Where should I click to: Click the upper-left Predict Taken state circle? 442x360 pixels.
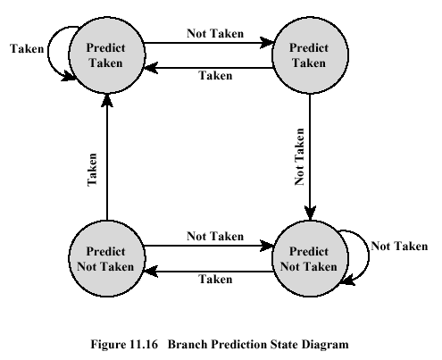[x=107, y=55]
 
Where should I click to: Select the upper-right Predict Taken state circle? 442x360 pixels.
[x=310, y=55]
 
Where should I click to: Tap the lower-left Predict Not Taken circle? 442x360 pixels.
[x=107, y=258]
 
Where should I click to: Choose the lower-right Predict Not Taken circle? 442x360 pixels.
[x=310, y=258]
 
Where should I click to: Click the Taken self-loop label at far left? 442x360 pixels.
[x=27, y=48]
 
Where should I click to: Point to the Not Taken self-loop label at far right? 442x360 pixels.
[x=399, y=246]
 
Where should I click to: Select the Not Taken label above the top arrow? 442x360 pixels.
[x=215, y=33]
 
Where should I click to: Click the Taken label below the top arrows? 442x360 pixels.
[x=215, y=75]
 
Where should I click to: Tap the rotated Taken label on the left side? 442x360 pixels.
[x=92, y=170]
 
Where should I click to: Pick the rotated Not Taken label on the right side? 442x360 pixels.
[x=299, y=156]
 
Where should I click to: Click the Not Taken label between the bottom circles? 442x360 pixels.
[x=215, y=236]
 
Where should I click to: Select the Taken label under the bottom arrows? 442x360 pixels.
[x=215, y=279]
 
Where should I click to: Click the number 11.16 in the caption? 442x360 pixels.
[x=144, y=344]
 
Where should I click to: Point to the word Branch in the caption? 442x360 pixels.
[x=188, y=344]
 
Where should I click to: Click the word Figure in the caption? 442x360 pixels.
[x=109, y=345]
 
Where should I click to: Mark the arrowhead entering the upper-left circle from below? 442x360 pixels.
[x=107, y=100]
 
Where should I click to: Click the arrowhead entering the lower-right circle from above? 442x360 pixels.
[x=310, y=213]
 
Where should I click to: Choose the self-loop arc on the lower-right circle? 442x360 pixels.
[x=369, y=256]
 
